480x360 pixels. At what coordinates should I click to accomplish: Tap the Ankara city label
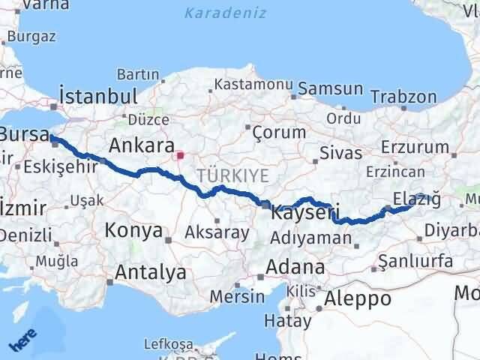point(142,145)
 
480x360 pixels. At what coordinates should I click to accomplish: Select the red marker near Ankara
point(180,156)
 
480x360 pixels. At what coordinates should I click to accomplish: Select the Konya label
point(133,229)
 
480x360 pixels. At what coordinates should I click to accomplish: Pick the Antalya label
point(150,273)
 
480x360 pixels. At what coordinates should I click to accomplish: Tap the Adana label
point(298,267)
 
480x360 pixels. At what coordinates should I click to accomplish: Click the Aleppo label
point(356,298)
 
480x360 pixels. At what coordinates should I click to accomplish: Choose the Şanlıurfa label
point(416,262)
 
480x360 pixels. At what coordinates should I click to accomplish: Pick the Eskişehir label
point(66,166)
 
